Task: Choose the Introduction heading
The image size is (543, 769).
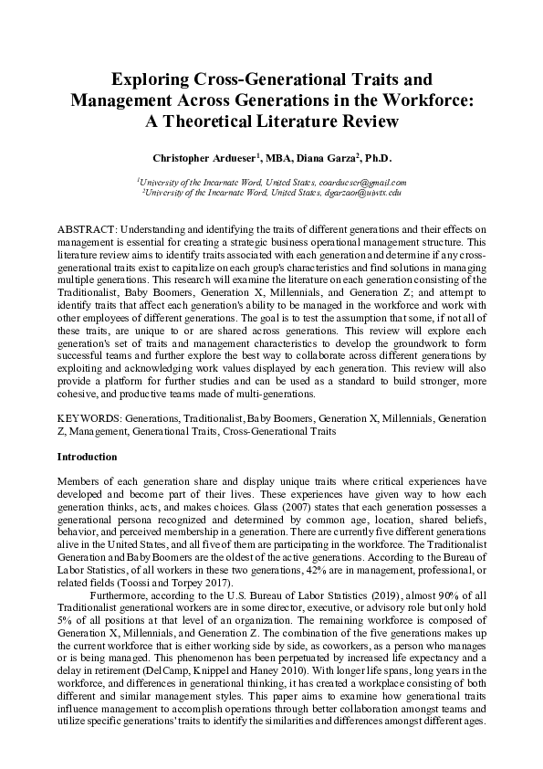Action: pos(87,456)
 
